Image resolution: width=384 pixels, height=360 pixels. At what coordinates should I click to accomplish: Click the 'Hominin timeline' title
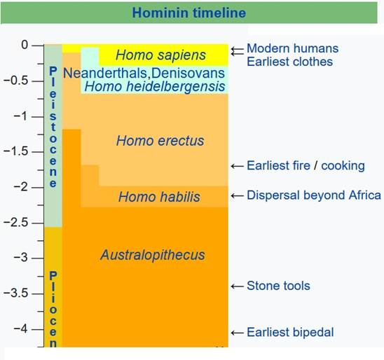188,13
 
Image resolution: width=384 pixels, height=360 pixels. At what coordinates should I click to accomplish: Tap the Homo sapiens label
160,55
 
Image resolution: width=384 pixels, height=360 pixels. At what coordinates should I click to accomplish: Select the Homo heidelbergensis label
155,86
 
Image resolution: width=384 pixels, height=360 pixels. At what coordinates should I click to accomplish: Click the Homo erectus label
160,141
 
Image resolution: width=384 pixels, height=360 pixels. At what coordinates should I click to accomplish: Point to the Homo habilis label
159,197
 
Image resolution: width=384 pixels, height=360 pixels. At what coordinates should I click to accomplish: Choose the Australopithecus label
153,255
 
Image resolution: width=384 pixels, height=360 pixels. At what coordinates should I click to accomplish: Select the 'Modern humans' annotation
293,48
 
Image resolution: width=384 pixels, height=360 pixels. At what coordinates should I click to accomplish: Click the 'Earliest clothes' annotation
289,62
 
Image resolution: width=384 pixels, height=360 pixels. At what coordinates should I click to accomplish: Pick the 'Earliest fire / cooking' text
306,166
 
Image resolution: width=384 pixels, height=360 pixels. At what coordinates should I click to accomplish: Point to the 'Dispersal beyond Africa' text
314,195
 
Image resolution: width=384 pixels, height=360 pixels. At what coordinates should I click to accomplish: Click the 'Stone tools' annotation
278,286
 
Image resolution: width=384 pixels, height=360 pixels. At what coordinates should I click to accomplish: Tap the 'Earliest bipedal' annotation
290,333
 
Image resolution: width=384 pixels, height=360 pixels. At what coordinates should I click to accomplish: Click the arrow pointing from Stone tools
238,286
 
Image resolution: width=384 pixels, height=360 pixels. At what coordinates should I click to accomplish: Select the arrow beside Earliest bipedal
238,333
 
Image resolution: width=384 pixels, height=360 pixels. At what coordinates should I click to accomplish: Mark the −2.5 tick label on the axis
16,223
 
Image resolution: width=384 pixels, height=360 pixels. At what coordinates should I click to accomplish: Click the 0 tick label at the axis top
25,45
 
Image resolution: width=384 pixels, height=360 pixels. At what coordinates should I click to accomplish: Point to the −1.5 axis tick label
16,151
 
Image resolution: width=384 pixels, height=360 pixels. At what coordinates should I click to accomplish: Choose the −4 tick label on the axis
21,328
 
